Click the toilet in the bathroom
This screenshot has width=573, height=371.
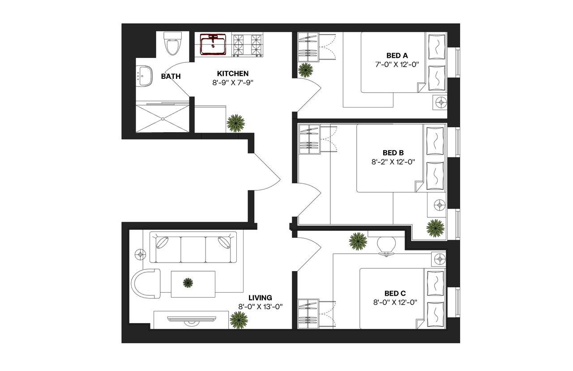tap(172, 43)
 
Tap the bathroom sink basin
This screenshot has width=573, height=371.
tap(144, 76)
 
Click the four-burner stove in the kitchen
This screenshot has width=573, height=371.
tap(248, 46)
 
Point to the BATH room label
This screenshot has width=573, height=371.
tap(171, 76)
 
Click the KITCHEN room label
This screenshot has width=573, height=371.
tap(233, 73)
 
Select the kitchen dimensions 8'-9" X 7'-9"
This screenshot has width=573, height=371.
tap(233, 83)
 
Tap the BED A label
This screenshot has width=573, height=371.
tap(397, 55)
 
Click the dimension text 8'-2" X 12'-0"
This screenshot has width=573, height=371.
tap(393, 162)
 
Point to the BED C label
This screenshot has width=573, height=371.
tap(395, 293)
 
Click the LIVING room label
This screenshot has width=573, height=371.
tap(261, 298)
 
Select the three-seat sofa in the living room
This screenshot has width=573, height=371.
tap(193, 247)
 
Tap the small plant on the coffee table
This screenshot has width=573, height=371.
tap(188, 283)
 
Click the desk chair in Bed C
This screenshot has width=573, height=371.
tap(386, 246)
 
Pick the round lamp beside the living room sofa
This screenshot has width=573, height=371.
tap(141, 255)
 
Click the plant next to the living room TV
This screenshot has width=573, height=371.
tap(239, 320)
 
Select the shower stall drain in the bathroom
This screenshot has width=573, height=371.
tap(163, 119)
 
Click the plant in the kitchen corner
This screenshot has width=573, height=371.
tap(235, 123)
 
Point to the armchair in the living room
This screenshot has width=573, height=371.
tap(146, 284)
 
